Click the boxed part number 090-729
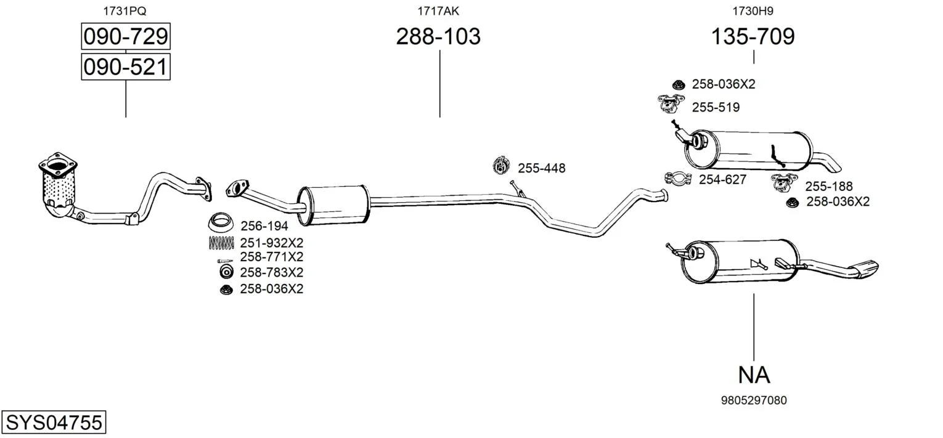[x=126, y=36]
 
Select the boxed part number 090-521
[x=126, y=67]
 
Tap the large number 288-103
[x=438, y=36]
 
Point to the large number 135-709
[x=753, y=36]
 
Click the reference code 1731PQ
[x=125, y=11]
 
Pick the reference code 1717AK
[x=438, y=11]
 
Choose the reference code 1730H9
[x=753, y=11]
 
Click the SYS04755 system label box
[x=54, y=422]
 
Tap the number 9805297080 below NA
[x=754, y=400]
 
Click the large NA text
[x=754, y=375]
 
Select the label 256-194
[x=264, y=226]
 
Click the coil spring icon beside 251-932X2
[x=221, y=243]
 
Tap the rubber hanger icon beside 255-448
[x=501, y=165]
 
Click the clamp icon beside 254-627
[x=678, y=179]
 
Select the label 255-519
[x=716, y=107]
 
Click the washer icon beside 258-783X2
[x=226, y=272]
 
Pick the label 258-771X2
[x=272, y=257]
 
